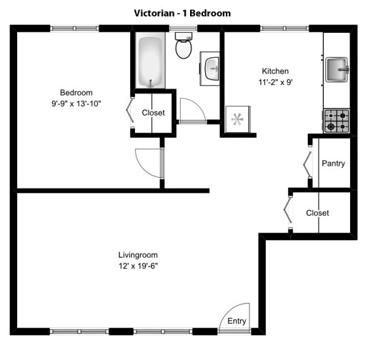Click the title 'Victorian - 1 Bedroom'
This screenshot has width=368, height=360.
tap(182, 13)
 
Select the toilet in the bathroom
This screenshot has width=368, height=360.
tap(184, 46)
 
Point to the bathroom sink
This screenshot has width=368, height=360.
tap(211, 69)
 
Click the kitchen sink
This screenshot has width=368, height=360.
tap(337, 70)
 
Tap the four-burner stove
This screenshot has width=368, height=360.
tap(337, 121)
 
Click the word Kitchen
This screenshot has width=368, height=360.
tap(275, 71)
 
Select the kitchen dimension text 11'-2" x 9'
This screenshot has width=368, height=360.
tap(275, 82)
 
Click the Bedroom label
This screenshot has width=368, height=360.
tap(76, 93)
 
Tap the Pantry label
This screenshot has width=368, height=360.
tap(333, 164)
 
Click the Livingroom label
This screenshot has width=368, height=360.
tap(138, 255)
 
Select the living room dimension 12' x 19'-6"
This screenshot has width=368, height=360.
tap(138, 266)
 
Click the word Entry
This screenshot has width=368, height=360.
tap(237, 321)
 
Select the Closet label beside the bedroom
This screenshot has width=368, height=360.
tap(153, 113)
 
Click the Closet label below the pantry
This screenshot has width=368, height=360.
tap(317, 213)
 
